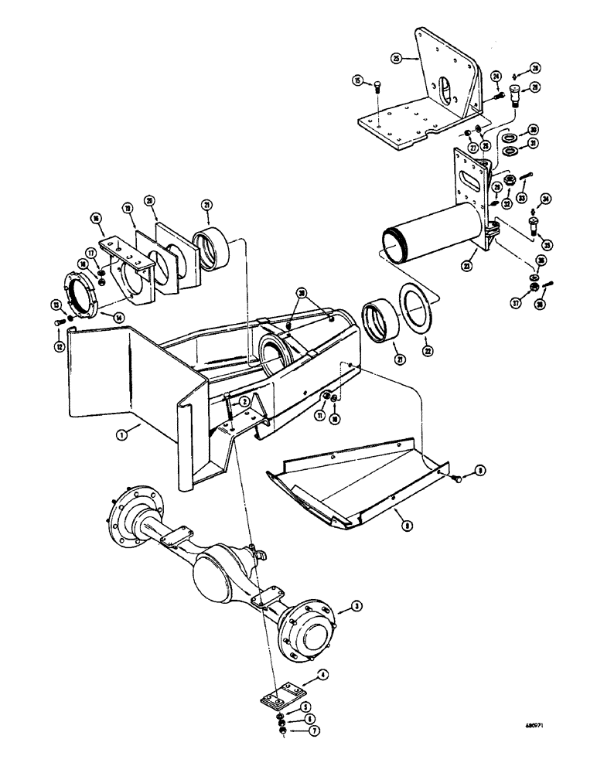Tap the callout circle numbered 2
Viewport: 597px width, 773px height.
pos(244,401)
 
